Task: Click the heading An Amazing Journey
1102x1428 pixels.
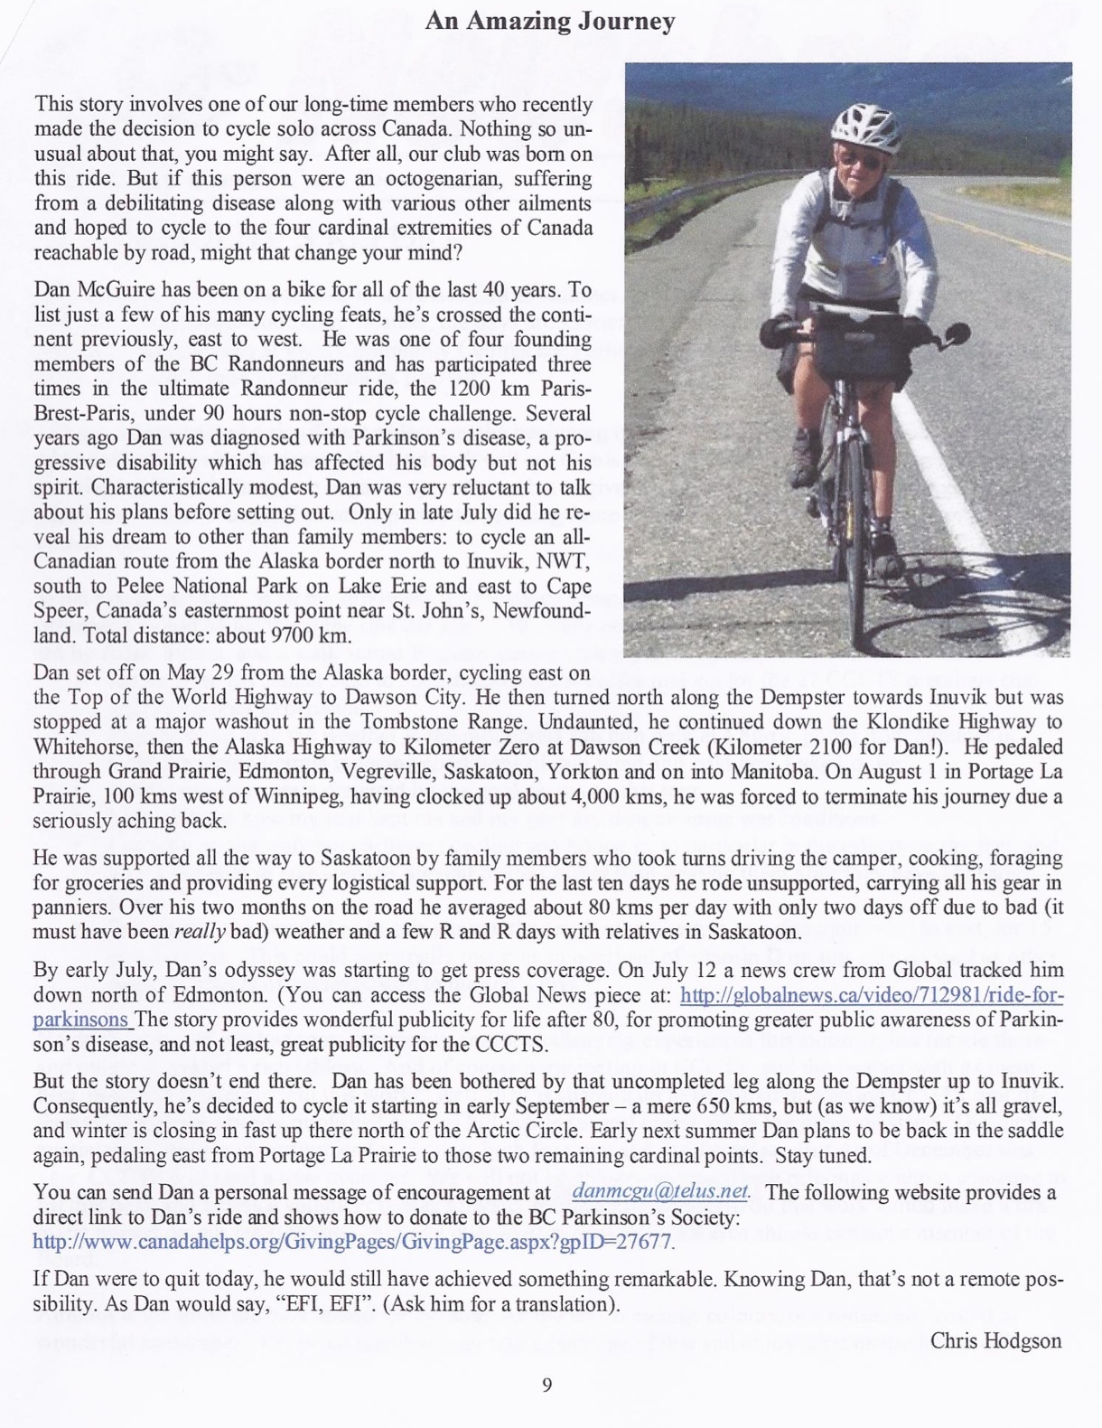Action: point(550,22)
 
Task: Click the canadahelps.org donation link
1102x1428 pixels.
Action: point(352,1242)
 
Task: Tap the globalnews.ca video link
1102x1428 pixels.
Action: point(872,995)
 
